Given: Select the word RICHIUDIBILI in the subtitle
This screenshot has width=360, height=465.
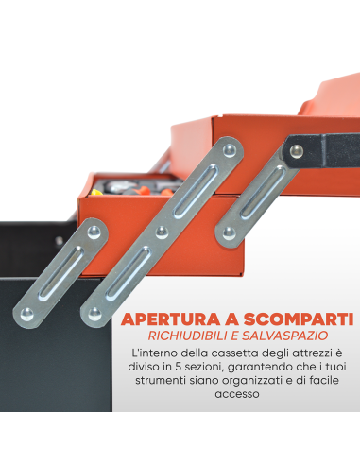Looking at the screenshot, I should click(x=189, y=337).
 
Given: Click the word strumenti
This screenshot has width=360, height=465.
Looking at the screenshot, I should click(x=165, y=385).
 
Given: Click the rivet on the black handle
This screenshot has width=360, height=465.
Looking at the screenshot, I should click(x=300, y=148).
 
